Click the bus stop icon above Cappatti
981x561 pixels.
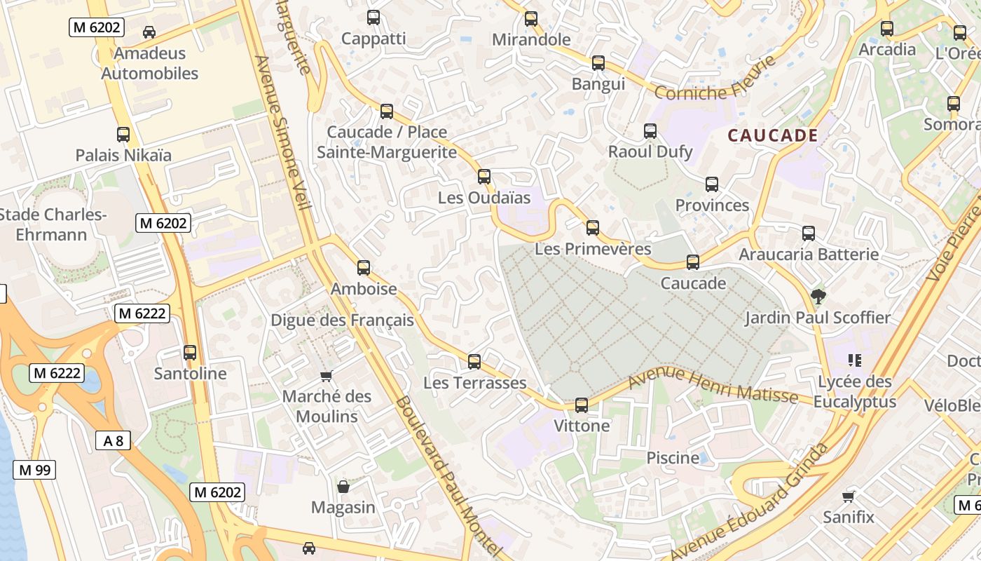(373, 18)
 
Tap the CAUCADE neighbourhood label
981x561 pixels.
(773, 135)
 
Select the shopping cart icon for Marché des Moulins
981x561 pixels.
(326, 376)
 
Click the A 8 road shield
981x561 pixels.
(113, 440)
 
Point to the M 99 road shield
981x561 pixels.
(34, 470)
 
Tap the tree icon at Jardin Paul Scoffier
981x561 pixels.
(817, 297)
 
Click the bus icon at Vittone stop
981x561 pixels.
(582, 405)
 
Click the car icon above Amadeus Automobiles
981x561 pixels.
(149, 32)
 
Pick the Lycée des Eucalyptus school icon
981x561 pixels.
(854, 360)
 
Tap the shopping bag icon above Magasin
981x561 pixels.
(343, 486)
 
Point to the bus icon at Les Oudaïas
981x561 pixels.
(484, 177)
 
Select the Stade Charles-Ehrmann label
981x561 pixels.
(50, 224)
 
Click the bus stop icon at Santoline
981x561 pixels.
(190, 353)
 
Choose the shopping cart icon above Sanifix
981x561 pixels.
(849, 496)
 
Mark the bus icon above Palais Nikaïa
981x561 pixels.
(123, 134)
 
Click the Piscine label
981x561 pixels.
(673, 458)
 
